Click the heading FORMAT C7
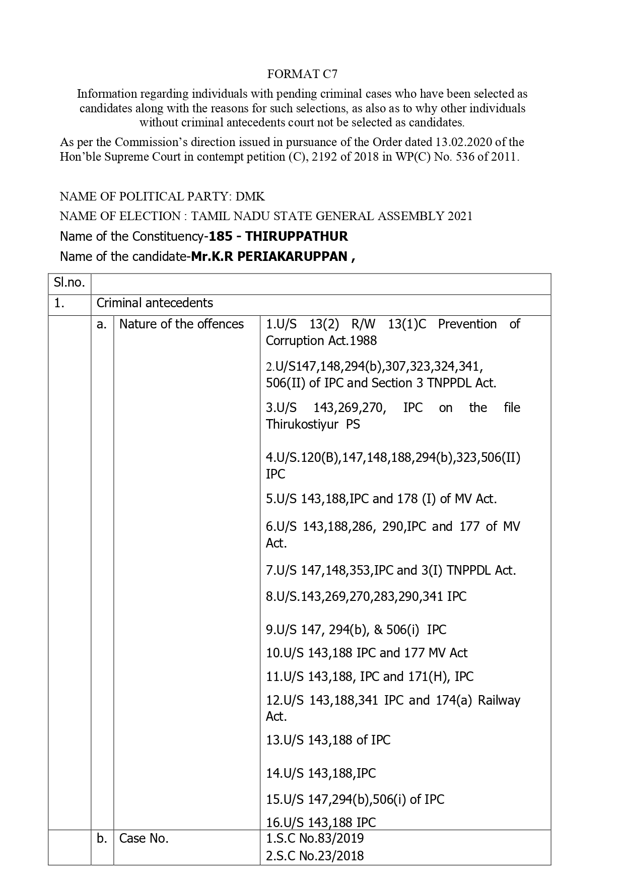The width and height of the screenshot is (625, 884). pos(302,75)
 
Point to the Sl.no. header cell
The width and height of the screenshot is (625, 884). pos(70,283)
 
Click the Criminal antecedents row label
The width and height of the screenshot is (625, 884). pos(155,303)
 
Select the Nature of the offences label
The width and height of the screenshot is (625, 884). pos(181,324)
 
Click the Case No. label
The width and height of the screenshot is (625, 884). pos(144,838)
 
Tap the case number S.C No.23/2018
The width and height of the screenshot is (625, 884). pos(315,855)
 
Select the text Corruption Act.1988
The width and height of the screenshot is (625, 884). pos(321,341)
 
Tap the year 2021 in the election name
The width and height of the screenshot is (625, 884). pos(460,216)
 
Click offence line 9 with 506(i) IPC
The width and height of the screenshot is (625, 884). pos(356,630)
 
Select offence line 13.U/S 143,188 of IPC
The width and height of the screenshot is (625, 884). pos(328,740)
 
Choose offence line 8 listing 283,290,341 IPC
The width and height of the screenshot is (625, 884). pos(366,596)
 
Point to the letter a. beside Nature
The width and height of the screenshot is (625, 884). pos(102,324)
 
